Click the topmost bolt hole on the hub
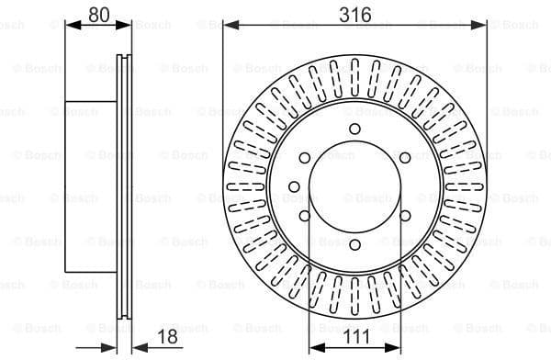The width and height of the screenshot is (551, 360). tap(354, 129)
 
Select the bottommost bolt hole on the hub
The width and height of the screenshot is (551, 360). tap(354, 243)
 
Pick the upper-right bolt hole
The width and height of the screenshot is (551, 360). tap(405, 158)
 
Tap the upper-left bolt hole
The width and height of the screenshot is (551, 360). tap(304, 158)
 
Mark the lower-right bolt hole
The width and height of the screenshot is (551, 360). tap(405, 215)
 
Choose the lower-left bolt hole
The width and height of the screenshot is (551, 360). tap(304, 215)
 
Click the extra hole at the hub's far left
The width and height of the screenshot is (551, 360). tap(294, 187)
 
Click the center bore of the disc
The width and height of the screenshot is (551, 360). tap(354, 186)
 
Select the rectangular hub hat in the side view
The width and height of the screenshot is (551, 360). tap(92, 186)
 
